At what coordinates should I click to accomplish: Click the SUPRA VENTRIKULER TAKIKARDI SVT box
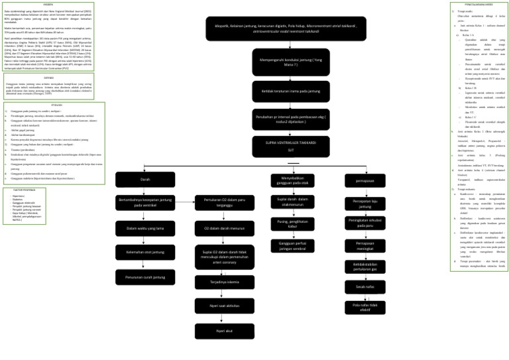281,146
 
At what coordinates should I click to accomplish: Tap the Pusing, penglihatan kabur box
292,223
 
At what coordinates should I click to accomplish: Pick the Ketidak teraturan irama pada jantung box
281,90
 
